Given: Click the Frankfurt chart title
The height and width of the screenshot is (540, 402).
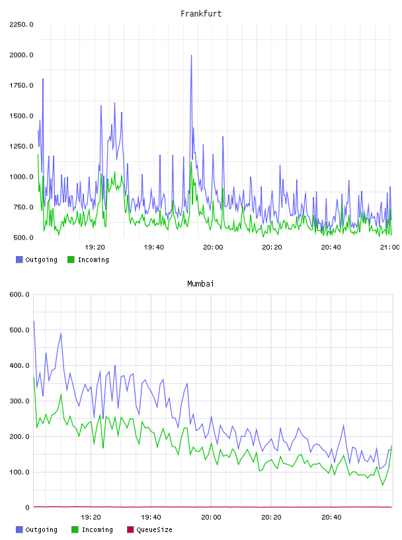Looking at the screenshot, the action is point(201,14).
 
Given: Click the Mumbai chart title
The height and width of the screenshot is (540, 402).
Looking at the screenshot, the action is point(200,284).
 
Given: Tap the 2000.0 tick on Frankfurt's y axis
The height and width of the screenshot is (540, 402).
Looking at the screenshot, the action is point(21,55).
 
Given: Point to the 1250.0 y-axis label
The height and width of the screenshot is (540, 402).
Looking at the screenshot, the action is point(21,146).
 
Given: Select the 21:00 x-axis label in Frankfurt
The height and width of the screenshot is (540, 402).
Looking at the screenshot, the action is point(390,247).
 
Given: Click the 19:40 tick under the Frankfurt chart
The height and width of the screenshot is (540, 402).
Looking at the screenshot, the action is point(154,247).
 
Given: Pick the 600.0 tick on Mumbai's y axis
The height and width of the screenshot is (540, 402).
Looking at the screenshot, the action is point(20,294).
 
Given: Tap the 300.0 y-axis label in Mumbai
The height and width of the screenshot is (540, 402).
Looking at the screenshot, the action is point(20,401).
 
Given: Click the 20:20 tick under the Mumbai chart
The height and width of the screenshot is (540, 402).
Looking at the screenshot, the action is point(271,517).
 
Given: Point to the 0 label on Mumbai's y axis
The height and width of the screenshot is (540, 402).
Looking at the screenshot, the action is point(27,508).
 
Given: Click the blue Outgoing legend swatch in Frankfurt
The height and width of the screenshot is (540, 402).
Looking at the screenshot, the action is point(19,259).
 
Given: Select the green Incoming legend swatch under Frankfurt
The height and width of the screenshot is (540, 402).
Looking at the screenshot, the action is point(71,259).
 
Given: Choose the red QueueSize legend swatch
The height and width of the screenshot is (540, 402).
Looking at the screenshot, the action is point(130,529).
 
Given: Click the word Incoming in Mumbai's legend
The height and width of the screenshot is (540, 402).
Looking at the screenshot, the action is point(97,530).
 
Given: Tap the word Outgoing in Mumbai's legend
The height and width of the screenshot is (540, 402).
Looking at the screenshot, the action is point(41,530).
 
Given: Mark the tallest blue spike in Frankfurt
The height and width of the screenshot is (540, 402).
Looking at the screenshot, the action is point(191,55).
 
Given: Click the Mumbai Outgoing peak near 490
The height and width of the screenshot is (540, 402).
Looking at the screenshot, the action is point(61,333).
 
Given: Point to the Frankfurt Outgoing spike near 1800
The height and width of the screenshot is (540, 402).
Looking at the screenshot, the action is point(43,79).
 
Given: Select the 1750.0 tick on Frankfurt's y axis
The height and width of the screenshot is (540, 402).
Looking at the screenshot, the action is point(21,85).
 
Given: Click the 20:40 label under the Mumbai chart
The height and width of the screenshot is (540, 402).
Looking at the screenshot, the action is point(331,517).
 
